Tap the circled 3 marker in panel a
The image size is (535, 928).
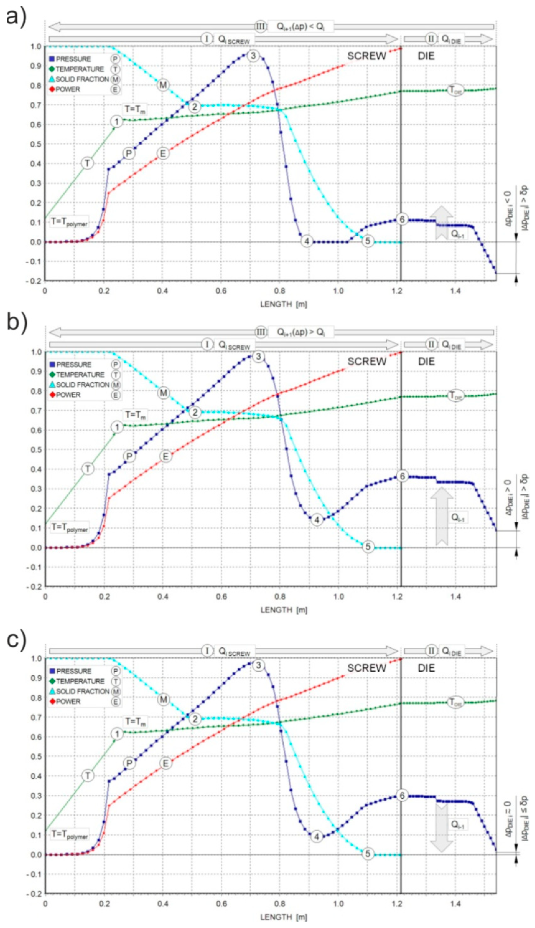tap(253, 56)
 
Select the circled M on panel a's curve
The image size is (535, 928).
tap(163, 85)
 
